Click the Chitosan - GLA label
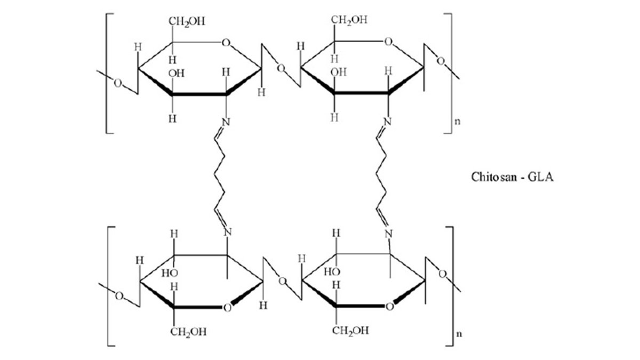[512, 177]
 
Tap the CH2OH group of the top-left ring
[187, 22]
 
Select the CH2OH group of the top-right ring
[349, 20]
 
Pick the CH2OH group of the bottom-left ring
[188, 332]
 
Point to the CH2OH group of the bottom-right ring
[350, 331]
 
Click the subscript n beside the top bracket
[458, 121]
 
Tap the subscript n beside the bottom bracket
[459, 334]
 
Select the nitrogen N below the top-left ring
[226, 122]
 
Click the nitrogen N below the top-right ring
[387, 122]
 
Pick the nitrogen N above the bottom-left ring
[227, 232]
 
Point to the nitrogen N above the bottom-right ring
[388, 234]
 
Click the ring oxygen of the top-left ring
[226, 43]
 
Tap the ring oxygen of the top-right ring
[388, 42]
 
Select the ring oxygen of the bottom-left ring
[227, 308]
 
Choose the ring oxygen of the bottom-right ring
[389, 307]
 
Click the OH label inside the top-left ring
[177, 74]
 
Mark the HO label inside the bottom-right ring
[332, 271]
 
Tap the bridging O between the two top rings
[281, 68]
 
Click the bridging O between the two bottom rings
[282, 282]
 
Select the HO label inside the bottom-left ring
[170, 273]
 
